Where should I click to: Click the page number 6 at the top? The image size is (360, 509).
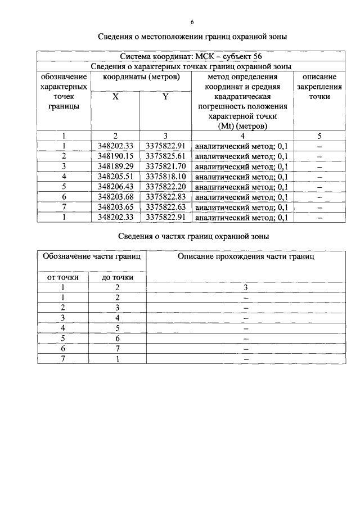point(192,22)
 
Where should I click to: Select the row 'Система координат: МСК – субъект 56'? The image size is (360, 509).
point(191,56)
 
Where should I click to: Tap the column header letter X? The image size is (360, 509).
point(115,97)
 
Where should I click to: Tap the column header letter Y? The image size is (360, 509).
point(165,97)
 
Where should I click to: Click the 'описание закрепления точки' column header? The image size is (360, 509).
point(319,87)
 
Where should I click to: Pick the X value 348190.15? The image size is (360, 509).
point(115,156)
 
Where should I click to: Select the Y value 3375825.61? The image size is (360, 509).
point(165,156)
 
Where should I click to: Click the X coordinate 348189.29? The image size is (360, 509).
point(115,166)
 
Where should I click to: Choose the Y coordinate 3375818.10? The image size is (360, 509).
point(165,176)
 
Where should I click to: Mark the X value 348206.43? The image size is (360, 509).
point(115,186)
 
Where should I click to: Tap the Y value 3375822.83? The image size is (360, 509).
point(165,196)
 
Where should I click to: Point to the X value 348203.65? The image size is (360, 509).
point(115,206)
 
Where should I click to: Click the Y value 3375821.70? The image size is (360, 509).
point(165,166)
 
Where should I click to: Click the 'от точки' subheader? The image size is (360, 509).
point(64,277)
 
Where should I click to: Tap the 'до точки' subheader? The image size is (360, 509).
point(117,277)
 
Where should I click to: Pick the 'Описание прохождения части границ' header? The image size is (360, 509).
point(246,256)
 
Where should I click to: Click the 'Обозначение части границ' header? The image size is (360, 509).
point(91,256)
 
